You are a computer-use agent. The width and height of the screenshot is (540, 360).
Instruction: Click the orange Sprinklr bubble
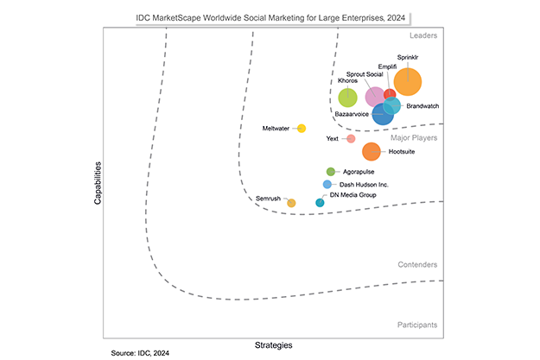pos(408,82)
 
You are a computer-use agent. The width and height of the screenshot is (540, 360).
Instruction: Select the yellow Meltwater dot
pos(302,129)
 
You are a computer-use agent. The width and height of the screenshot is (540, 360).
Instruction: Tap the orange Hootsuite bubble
pos(372,152)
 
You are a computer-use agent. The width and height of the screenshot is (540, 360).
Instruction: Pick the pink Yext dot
pos(351,138)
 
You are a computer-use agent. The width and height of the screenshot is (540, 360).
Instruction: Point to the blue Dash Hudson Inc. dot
pos(327,185)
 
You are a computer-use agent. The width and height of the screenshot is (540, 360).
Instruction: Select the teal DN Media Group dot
pos(320,203)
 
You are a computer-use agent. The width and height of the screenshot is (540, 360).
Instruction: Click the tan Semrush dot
pos(291,203)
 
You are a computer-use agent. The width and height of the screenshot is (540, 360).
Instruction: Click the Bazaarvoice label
pos(352,114)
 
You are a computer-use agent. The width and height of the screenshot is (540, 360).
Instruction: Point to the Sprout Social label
pos(365,74)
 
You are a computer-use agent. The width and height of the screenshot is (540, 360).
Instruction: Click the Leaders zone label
pos(423,36)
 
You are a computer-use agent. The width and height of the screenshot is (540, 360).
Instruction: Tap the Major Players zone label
pos(414,137)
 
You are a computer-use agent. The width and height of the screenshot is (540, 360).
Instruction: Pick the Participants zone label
pos(416,325)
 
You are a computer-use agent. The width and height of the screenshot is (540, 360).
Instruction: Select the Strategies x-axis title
pos(273,344)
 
